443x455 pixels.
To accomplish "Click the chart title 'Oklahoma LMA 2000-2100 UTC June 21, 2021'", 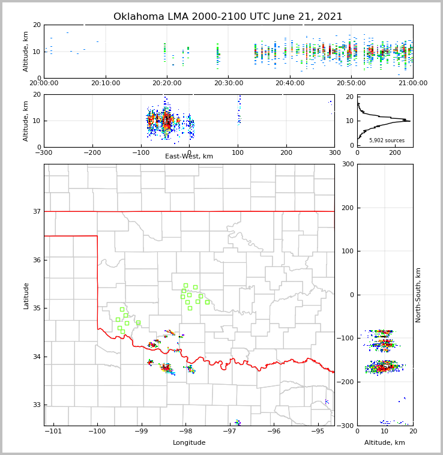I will click(x=228, y=17).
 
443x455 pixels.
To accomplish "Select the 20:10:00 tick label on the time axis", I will click(x=107, y=83).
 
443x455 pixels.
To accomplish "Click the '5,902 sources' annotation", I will click(x=387, y=140).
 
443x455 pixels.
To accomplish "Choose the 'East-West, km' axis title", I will click(x=189, y=157).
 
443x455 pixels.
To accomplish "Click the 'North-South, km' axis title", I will click(x=418, y=295).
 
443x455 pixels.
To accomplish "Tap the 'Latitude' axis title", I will click(x=26, y=295).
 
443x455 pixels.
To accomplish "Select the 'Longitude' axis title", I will click(x=189, y=443).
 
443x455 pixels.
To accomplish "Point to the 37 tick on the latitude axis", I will click(x=36, y=211).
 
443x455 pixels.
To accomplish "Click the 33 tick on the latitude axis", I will click(x=36, y=405).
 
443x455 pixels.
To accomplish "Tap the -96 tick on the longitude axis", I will click(x=274, y=431).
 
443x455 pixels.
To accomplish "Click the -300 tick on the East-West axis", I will click(x=44, y=152).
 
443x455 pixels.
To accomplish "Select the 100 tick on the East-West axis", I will click(x=238, y=152).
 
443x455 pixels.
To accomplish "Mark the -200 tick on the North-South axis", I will click(x=346, y=382).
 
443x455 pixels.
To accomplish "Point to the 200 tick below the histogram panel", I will click(x=395, y=152).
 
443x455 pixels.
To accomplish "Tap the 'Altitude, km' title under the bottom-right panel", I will click(x=385, y=443).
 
